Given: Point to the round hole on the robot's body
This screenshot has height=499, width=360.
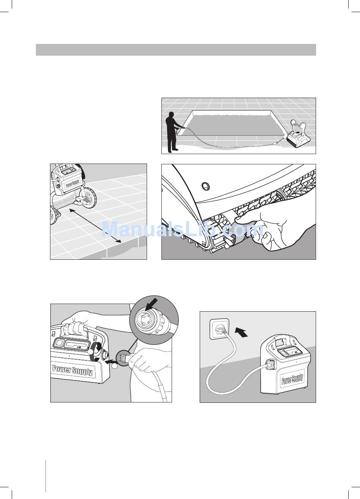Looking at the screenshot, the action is tap(205, 186).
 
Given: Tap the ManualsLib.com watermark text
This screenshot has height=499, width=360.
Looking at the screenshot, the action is tap(182, 229).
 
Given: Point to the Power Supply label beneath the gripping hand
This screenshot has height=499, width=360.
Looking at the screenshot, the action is tap(72, 370).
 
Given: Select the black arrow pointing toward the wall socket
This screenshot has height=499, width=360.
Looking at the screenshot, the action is tap(242, 332).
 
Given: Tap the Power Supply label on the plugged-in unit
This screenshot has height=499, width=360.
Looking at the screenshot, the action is tap(292, 379).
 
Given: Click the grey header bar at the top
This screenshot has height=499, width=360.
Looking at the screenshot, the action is tap(176, 50).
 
